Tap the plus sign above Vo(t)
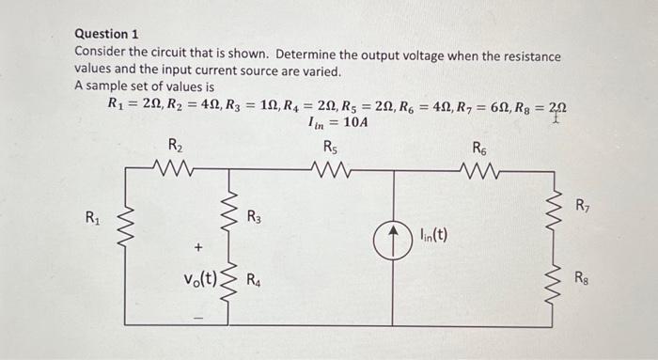click(197, 247)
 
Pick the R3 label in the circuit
click(254, 217)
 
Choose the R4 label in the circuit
click(254, 280)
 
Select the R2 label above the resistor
click(175, 146)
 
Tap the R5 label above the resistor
click(330, 146)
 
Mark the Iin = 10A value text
click(331, 122)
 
